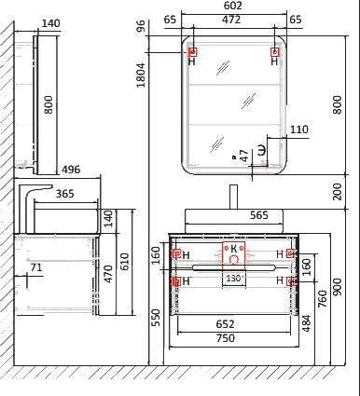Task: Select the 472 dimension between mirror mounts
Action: tap(231, 20)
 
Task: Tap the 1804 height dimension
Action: tap(141, 75)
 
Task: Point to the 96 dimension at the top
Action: tap(141, 26)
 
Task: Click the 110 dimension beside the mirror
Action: tap(299, 130)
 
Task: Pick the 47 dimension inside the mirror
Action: tap(244, 156)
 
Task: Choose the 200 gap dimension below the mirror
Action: tap(337, 192)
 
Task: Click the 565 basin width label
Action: tap(259, 215)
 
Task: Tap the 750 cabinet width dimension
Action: tap(226, 337)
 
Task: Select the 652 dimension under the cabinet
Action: tap(225, 324)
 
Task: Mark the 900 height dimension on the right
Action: tap(337, 286)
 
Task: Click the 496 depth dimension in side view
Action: tap(71, 170)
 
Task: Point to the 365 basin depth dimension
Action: tap(65, 194)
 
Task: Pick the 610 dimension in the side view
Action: tap(124, 262)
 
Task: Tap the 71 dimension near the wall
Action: tap(36, 267)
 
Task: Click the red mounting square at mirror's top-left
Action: tap(193, 52)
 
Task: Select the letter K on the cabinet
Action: tap(234, 249)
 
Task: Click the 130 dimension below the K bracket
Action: tap(233, 279)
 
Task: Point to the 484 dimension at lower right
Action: tap(306, 323)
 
